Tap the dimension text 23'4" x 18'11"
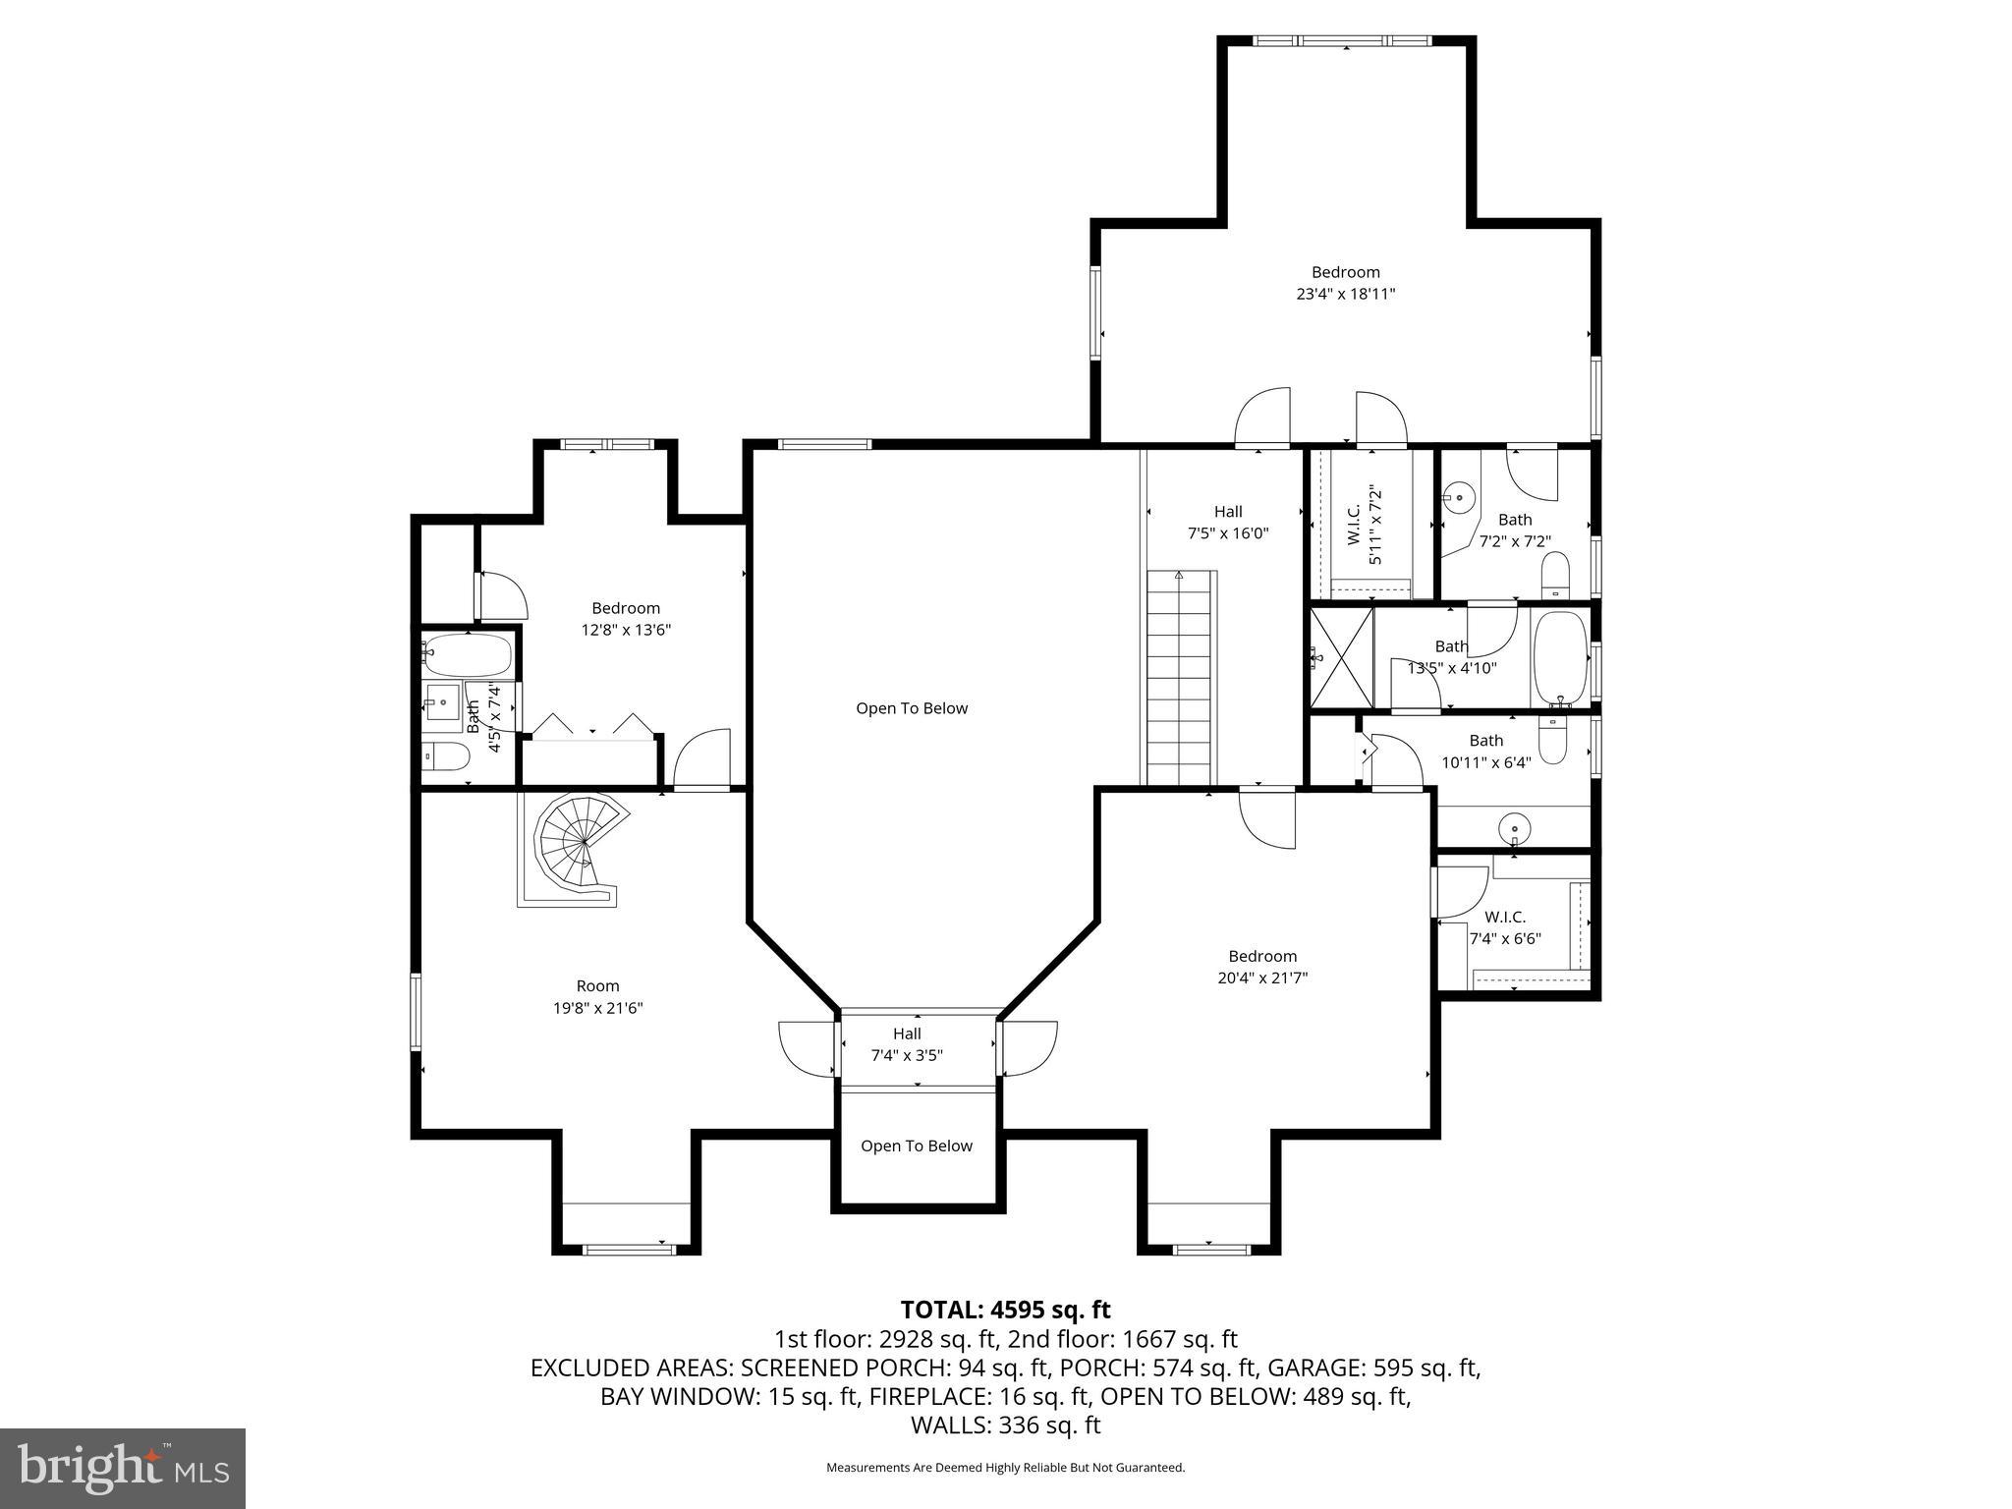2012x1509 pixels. [1345, 294]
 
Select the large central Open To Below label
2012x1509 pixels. [912, 708]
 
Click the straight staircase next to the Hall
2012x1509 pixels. [1181, 678]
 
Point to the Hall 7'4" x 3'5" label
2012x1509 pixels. [907, 1044]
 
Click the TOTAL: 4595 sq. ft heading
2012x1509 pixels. [1005, 1310]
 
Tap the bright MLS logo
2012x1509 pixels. [123, 1468]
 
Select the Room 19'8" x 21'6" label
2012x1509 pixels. [597, 996]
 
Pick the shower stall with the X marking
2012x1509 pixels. [1341, 656]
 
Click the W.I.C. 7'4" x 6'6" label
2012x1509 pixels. [1504, 927]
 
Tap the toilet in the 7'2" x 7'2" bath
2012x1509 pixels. [1555, 575]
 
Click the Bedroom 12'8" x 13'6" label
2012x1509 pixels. [626, 619]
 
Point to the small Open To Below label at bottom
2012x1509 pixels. [916, 1146]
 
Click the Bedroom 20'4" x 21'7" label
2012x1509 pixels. [1262, 967]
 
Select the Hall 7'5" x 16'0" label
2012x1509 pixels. [1227, 523]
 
